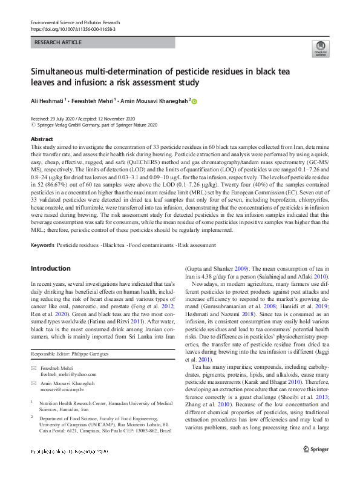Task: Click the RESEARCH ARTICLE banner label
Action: (x=59, y=44)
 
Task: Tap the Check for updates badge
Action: (x=319, y=49)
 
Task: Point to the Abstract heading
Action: (x=42, y=139)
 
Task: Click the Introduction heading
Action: (x=50, y=268)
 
